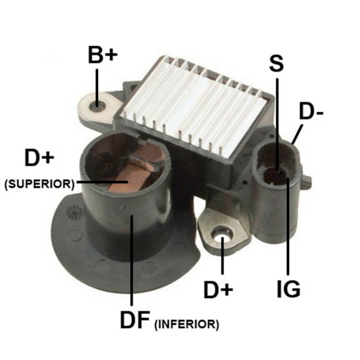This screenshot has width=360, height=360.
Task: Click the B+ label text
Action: pyautogui.click(x=103, y=55)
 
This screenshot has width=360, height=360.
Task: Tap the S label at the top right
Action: pyautogui.click(x=277, y=64)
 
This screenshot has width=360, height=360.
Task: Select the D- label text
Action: pyautogui.click(x=311, y=112)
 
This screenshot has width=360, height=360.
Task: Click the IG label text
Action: pyautogui.click(x=289, y=289)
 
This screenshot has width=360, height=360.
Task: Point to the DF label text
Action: pyautogui.click(x=135, y=320)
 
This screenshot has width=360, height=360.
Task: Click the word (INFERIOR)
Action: pyautogui.click(x=187, y=324)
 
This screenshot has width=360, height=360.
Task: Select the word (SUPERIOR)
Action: pyautogui.click(x=40, y=184)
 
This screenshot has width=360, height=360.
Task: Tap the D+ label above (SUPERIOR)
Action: pyautogui.click(x=39, y=158)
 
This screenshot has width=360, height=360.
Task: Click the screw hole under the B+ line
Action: pyautogui.click(x=97, y=106)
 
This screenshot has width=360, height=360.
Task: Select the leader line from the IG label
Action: pyautogui.click(x=288, y=226)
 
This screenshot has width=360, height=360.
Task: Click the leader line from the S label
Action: pyautogui.click(x=277, y=125)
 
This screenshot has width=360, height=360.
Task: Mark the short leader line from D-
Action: pyautogui.click(x=297, y=134)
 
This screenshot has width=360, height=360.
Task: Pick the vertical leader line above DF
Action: pyautogui.click(x=131, y=260)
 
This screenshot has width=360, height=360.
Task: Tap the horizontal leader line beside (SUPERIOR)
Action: pyautogui.click(x=102, y=182)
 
